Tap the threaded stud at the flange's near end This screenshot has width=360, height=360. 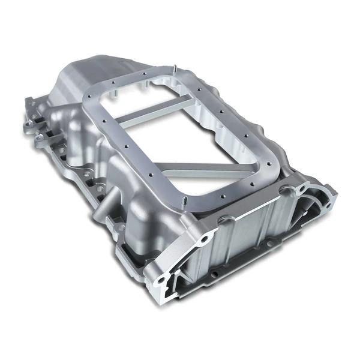pyautogui.click(x=186, y=200)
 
